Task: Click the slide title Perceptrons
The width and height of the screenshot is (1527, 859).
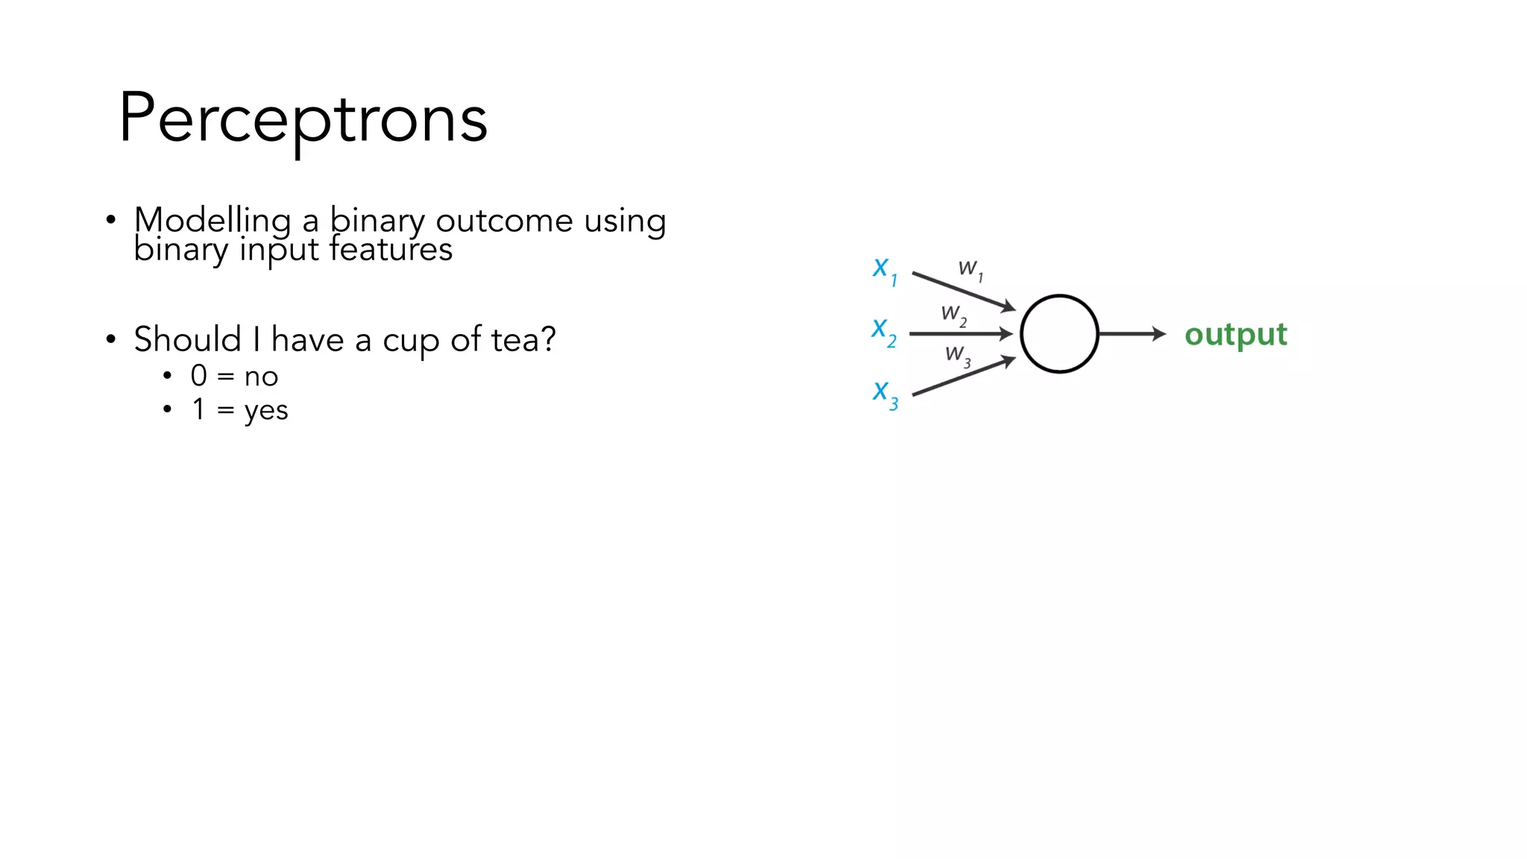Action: pyautogui.click(x=303, y=119)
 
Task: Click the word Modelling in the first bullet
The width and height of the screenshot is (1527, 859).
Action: pyautogui.click(x=212, y=221)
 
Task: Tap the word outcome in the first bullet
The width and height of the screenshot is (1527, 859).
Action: pyautogui.click(x=504, y=221)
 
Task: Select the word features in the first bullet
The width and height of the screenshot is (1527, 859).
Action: pyautogui.click(x=391, y=250)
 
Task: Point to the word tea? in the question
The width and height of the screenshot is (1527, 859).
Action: pyautogui.click(x=523, y=340)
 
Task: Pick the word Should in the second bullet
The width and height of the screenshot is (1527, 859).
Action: pyautogui.click(x=188, y=339)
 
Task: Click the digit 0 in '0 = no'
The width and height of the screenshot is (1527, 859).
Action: pyautogui.click(x=198, y=376)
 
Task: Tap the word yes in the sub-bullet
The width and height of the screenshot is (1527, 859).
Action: pyautogui.click(x=266, y=410)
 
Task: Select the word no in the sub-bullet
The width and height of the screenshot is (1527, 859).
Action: pyautogui.click(x=261, y=377)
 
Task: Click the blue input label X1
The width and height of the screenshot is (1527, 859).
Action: pyautogui.click(x=884, y=271)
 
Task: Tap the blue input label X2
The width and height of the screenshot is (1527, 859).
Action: pyautogui.click(x=884, y=332)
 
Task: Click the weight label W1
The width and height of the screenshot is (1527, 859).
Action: pyautogui.click(x=970, y=269)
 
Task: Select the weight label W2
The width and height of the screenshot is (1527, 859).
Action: pyautogui.click(x=953, y=315)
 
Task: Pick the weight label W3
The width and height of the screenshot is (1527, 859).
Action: pyautogui.click(x=957, y=355)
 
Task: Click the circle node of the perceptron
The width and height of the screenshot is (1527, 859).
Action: pyautogui.click(x=1059, y=334)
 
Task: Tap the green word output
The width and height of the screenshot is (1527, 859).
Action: pyautogui.click(x=1235, y=334)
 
